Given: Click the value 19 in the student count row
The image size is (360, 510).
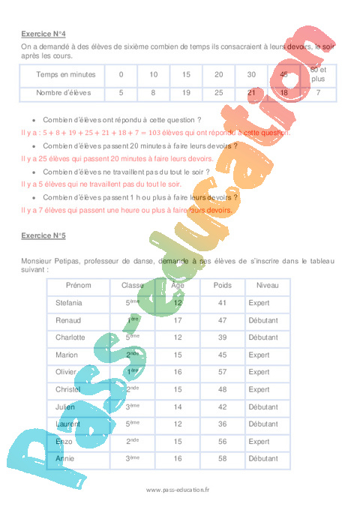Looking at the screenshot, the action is (x=186, y=93).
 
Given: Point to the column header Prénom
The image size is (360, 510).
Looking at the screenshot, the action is (x=78, y=286).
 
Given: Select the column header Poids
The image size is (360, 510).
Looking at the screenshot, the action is (x=223, y=286).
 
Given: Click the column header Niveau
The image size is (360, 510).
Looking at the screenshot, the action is (x=267, y=286).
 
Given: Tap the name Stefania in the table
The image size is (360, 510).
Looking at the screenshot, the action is (x=69, y=303).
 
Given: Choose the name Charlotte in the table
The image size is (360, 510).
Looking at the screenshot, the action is (x=70, y=337).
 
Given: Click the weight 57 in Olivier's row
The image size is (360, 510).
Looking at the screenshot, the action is (x=223, y=372).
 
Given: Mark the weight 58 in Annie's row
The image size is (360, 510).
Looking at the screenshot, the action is (x=223, y=457).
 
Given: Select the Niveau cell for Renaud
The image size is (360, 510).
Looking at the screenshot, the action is (x=263, y=320).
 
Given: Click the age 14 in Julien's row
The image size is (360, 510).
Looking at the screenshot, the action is (x=178, y=406).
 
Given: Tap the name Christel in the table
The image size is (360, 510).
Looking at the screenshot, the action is (x=68, y=389).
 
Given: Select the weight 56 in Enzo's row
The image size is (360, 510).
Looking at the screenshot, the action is (x=223, y=441).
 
